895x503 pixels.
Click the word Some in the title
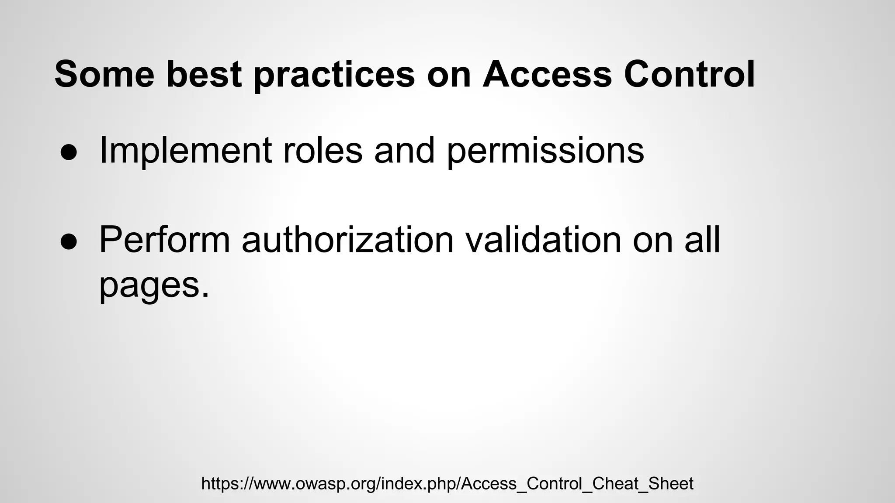point(104,74)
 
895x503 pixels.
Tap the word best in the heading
point(204,74)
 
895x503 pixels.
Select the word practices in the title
point(334,75)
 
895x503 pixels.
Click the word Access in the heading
point(547,74)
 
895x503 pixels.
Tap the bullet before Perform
point(69,241)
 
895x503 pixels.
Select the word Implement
point(186,151)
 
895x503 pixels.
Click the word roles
point(323,151)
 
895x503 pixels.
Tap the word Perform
point(164,240)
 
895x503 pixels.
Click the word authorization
point(348,240)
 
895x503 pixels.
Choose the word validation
point(543,240)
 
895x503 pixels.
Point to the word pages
point(149,286)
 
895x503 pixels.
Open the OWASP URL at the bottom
point(447,484)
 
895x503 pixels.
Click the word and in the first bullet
point(404,151)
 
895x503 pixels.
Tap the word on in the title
point(449,75)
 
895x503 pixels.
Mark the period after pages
point(205,294)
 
